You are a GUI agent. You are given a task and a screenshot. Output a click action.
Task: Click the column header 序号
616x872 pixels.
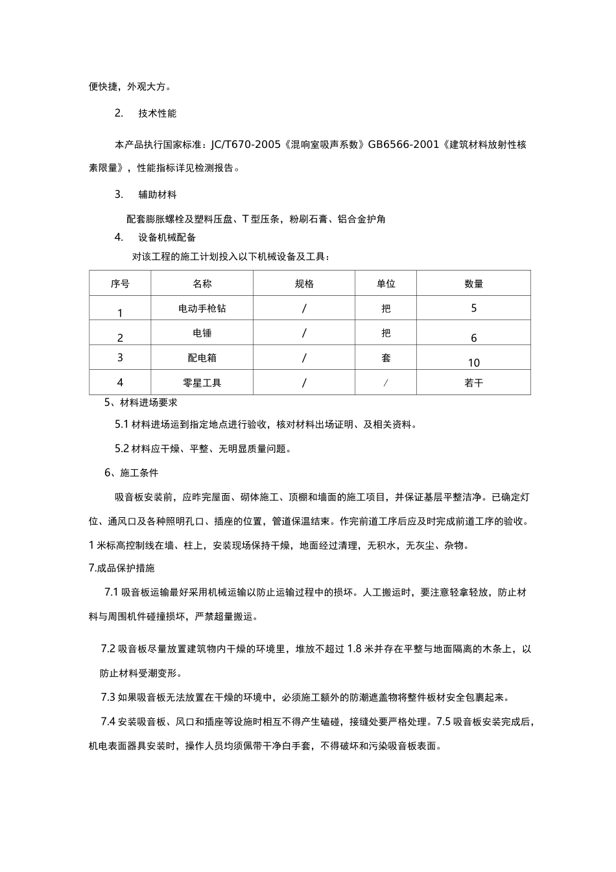pos(120,284)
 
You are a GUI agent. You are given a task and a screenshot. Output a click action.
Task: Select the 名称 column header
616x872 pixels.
pos(202,284)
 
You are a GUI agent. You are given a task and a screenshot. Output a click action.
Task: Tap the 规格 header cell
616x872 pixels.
pos(303,284)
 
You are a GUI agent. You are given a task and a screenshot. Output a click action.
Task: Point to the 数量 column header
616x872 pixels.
pos(473,284)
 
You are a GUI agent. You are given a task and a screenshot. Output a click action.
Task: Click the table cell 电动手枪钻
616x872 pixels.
pos(202,308)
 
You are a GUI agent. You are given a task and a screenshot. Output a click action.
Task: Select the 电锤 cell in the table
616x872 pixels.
pos(202,333)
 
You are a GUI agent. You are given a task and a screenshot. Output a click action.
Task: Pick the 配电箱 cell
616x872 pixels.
pos(202,357)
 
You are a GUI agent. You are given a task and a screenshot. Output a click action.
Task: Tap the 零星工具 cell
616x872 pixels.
pos(202,383)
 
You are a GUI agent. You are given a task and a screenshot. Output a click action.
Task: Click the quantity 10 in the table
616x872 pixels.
pos(473,363)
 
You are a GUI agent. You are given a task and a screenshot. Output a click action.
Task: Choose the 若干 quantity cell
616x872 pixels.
pos(473,383)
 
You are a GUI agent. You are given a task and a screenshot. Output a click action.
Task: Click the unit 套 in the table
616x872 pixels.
pos(386,357)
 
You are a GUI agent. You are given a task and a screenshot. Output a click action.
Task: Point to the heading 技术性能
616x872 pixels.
pos(157,114)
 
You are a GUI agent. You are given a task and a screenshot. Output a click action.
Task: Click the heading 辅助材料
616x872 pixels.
pos(157,195)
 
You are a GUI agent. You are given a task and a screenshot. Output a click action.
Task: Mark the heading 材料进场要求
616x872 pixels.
pos(148,402)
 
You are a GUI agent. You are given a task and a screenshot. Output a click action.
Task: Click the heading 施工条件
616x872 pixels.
pos(139,473)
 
